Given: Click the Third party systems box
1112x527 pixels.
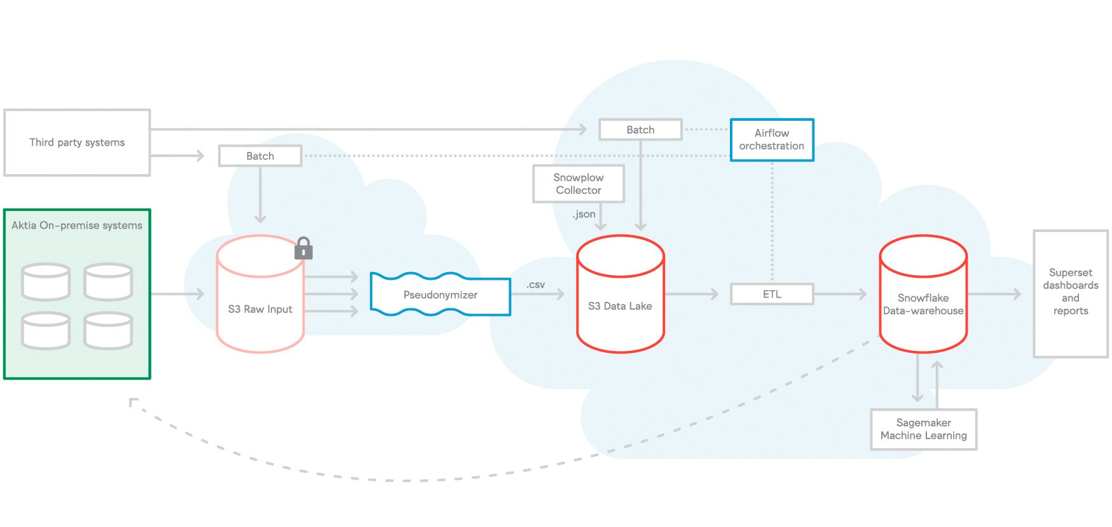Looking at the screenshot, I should pyautogui.click(x=77, y=142).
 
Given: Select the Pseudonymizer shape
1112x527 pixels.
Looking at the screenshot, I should pyautogui.click(x=440, y=295).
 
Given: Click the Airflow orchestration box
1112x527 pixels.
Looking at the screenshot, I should pyautogui.click(x=771, y=140).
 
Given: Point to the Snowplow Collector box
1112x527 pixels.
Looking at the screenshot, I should pyautogui.click(x=578, y=184).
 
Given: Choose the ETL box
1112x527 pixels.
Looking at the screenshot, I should pyautogui.click(x=771, y=294).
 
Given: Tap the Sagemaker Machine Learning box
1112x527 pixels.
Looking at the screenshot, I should pyautogui.click(x=923, y=429).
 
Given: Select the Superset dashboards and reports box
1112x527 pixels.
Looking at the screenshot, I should pyautogui.click(x=1070, y=292).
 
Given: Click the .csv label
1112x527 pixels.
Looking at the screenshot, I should pyautogui.click(x=535, y=285).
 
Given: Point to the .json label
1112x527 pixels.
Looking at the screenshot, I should pyautogui.click(x=584, y=214).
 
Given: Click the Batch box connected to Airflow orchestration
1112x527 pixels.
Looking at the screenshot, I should pyautogui.click(x=640, y=130).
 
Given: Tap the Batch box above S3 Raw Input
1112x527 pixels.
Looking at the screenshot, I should pyautogui.click(x=260, y=156).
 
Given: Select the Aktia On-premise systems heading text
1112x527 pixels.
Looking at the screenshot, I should pyautogui.click(x=77, y=225).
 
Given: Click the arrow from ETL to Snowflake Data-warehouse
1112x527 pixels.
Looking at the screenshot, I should pyautogui.click(x=840, y=294).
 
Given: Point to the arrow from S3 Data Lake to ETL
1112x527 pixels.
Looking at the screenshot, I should pyautogui.click(x=692, y=294).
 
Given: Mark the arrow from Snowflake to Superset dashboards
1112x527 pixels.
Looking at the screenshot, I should pyautogui.click(x=994, y=294).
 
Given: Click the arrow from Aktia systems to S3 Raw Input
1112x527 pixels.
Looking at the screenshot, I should pyautogui.click(x=177, y=294).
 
